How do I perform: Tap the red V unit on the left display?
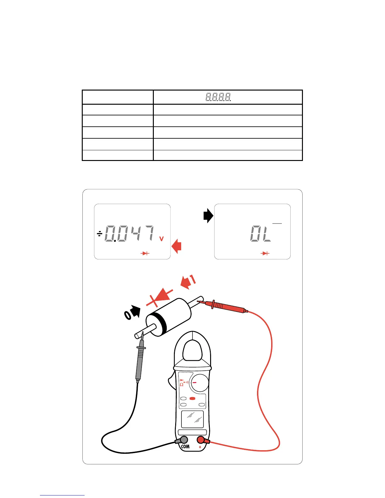pyautogui.click(x=161, y=239)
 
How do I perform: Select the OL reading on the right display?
pyautogui.click(x=260, y=234)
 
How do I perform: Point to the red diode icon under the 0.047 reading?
pyautogui.click(x=145, y=253)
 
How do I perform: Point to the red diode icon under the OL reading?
pyautogui.click(x=265, y=253)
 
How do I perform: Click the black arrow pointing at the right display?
pyautogui.click(x=208, y=216)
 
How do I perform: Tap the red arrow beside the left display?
pyautogui.click(x=177, y=246)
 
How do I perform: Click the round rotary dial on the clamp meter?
pyautogui.click(x=200, y=383)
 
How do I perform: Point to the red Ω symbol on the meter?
pyautogui.click(x=181, y=385)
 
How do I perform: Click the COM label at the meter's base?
pyautogui.click(x=185, y=446)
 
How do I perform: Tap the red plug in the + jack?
pyautogui.click(x=201, y=440)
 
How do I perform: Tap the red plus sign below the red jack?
pyautogui.click(x=200, y=447)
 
